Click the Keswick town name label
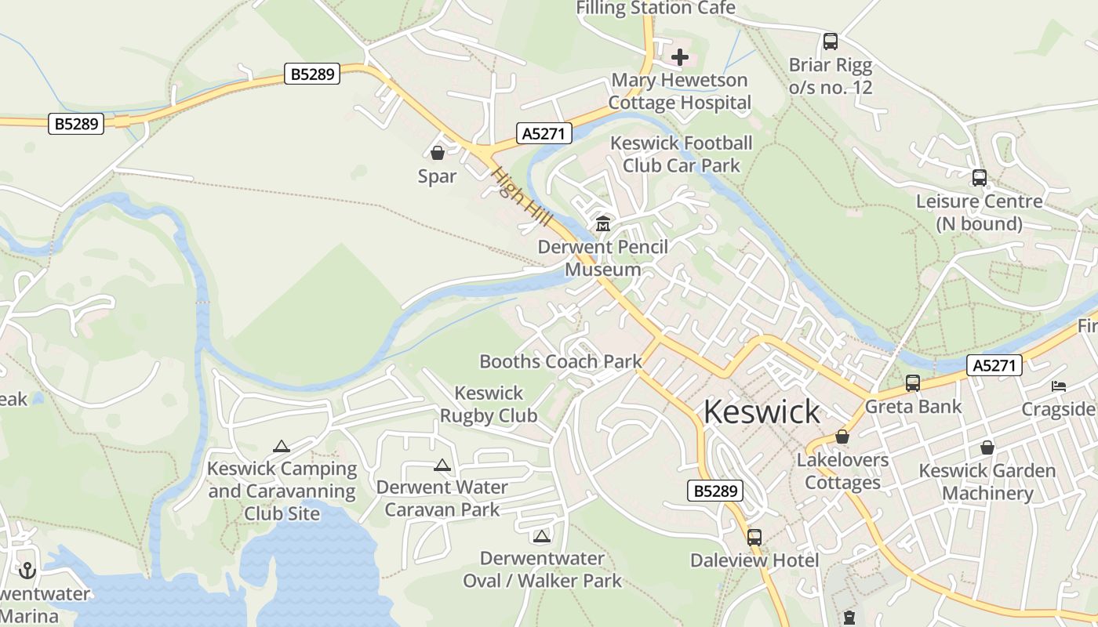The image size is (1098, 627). pyautogui.click(x=762, y=411)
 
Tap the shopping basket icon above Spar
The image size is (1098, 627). pyautogui.click(x=438, y=153)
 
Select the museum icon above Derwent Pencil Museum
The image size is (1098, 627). pyautogui.click(x=603, y=225)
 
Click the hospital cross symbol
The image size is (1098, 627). pyautogui.click(x=680, y=57)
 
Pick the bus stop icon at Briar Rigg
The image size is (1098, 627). pyautogui.click(x=830, y=42)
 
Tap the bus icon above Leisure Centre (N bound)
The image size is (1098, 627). pyautogui.click(x=980, y=178)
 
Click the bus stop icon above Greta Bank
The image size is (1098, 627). pyautogui.click(x=913, y=383)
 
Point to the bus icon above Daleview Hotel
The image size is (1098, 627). pyautogui.click(x=754, y=538)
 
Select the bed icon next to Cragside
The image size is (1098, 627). pyautogui.click(x=1059, y=386)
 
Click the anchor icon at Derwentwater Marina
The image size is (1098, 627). pyautogui.click(x=28, y=571)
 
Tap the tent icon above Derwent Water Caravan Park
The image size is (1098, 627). pyautogui.click(x=442, y=466)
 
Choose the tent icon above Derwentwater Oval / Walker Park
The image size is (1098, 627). pyautogui.click(x=541, y=537)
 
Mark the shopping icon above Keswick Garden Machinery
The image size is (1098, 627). pyautogui.click(x=987, y=448)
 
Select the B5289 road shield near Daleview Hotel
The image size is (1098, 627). pyautogui.click(x=715, y=491)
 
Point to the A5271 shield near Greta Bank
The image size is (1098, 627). pyautogui.click(x=994, y=364)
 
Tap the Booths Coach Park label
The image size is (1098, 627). pyautogui.click(x=560, y=361)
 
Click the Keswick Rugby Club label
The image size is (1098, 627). pyautogui.click(x=489, y=404)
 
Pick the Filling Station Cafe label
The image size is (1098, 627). pyautogui.click(x=656, y=9)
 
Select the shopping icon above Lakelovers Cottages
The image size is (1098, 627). pyautogui.click(x=842, y=437)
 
